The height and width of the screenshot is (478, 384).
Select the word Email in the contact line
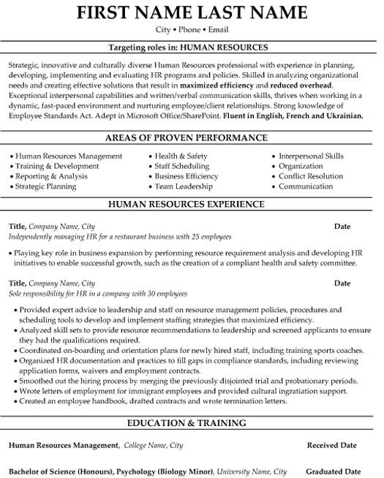[x=217, y=30]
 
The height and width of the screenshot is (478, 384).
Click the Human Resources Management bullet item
[x=68, y=156]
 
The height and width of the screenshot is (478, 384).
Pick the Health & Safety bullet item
[x=181, y=156]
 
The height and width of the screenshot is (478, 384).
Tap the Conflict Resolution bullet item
[x=310, y=176]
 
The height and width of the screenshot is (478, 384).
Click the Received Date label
[x=331, y=444]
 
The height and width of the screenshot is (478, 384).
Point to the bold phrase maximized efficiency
[x=208, y=85]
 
